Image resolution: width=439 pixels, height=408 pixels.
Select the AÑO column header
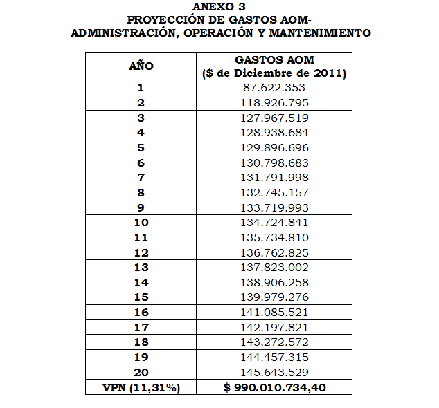pyautogui.click(x=141, y=66)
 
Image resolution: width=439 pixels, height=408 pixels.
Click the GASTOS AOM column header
pyautogui.click(x=274, y=60)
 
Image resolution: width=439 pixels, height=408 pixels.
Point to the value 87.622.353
pyautogui.click(x=274, y=88)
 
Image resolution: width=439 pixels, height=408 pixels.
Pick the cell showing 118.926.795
pyautogui.click(x=274, y=103)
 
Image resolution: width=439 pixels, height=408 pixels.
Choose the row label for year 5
pyautogui.click(x=141, y=147)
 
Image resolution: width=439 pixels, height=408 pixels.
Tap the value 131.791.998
pyautogui.click(x=274, y=178)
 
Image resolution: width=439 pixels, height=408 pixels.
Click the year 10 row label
pyautogui.click(x=141, y=223)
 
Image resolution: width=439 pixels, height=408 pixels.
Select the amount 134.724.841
pyautogui.click(x=274, y=223)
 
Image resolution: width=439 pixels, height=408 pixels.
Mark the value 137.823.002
pyautogui.click(x=274, y=268)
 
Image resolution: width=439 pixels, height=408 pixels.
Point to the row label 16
pyautogui.click(x=141, y=313)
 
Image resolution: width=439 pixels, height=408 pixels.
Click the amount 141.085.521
pyautogui.click(x=274, y=313)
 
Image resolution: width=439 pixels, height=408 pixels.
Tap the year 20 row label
pyautogui.click(x=141, y=373)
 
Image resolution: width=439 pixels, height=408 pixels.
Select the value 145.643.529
pyautogui.click(x=274, y=373)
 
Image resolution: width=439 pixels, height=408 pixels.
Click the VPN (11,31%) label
pyautogui.click(x=141, y=388)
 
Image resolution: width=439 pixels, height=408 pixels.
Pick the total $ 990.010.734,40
pyautogui.click(x=274, y=388)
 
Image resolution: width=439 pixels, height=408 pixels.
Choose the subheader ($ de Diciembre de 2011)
pyautogui.click(x=274, y=73)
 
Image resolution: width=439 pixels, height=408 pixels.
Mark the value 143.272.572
pyautogui.click(x=274, y=343)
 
